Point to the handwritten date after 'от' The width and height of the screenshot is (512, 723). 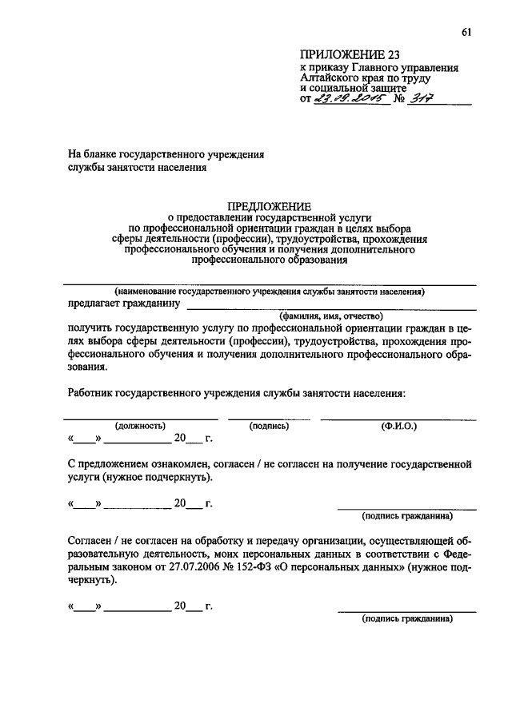pos(350,100)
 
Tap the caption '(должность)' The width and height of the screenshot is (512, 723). pos(140,426)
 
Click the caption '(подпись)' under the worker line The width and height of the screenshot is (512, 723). pos(269,426)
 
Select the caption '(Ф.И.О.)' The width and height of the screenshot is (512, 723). pos(399,426)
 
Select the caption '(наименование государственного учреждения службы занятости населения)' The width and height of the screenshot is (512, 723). pos(269,292)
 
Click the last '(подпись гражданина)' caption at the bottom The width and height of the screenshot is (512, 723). pos(406,618)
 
